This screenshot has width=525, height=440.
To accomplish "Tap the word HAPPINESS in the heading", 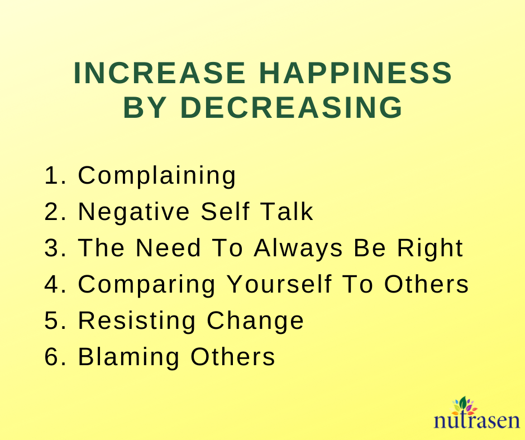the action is (356, 73).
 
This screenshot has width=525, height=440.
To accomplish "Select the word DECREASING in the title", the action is (292, 107).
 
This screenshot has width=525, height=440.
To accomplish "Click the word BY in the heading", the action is (145, 107).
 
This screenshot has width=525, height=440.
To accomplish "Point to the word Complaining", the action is (157, 176).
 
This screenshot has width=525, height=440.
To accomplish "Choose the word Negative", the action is (133, 212).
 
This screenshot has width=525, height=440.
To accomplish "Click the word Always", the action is (298, 248).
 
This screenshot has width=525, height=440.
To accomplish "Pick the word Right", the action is (430, 248).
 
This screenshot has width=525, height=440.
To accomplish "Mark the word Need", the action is (168, 248).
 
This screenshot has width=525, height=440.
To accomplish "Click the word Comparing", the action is (147, 285).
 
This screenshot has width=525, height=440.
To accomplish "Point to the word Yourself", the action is (280, 284).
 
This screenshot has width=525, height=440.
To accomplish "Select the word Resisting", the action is (137, 321).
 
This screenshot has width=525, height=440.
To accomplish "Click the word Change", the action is (255, 321).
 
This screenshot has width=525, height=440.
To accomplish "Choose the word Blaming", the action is (129, 357).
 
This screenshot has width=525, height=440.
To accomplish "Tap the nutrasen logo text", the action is (476, 420).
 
